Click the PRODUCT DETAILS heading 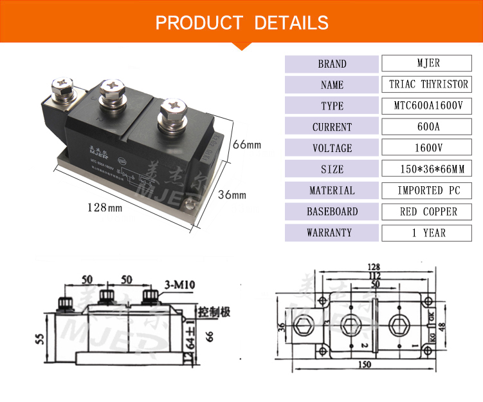pyautogui.click(x=242, y=23)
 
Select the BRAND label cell pyautogui.click(x=331, y=64)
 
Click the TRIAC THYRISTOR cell pyautogui.click(x=428, y=84)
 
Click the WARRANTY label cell pyautogui.click(x=331, y=233)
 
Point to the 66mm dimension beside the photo pyautogui.click(x=247, y=143)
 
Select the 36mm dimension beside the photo pyautogui.click(x=232, y=194)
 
